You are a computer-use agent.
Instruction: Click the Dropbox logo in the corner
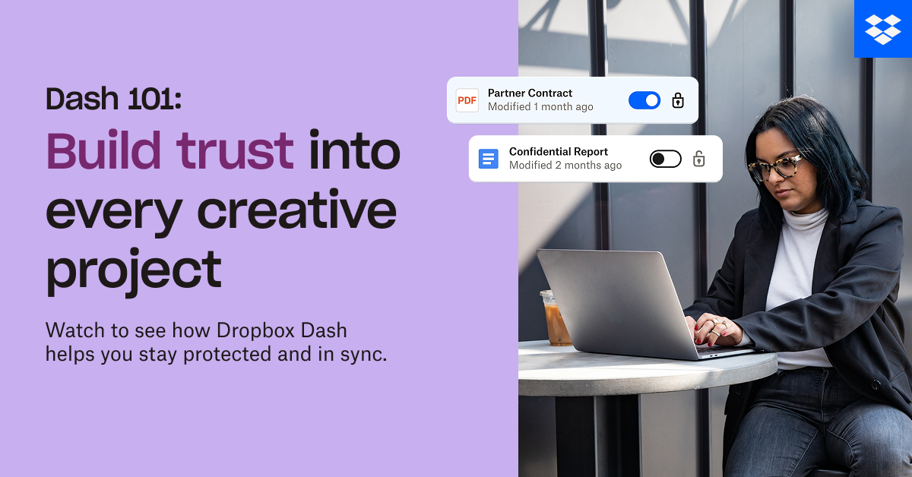(882, 29)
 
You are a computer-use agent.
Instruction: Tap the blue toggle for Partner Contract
(644, 100)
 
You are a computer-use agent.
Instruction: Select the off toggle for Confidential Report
(665, 159)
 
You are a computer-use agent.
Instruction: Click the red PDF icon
(467, 100)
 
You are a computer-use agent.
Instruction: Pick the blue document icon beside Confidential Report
(488, 159)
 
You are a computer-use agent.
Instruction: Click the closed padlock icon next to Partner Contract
(678, 100)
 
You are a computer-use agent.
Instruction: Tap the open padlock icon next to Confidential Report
(699, 159)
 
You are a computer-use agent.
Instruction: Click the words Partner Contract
(530, 93)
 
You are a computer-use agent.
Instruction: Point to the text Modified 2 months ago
(565, 166)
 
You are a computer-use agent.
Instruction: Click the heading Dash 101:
(113, 99)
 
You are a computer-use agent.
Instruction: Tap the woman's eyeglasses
(775, 166)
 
